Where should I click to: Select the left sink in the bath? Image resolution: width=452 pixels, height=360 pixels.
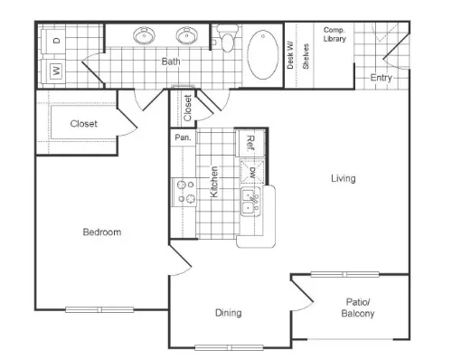point(144,35)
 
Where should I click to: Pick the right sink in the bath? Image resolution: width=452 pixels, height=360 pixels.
point(186,35)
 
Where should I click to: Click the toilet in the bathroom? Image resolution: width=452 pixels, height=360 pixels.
point(227,39)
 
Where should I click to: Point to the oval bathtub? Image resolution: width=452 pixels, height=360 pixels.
point(263,54)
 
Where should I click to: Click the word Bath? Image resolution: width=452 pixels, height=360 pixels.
point(171,62)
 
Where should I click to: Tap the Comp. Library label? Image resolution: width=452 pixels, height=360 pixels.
point(334,34)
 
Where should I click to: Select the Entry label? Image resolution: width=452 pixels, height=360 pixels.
point(381,78)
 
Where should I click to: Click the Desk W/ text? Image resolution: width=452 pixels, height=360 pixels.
point(290,55)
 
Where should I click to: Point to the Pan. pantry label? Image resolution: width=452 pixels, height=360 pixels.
point(183,137)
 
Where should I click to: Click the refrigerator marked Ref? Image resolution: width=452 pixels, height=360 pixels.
point(250,143)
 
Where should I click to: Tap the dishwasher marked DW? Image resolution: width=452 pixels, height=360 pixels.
point(252,172)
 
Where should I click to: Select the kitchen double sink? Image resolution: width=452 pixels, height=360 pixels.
point(250,201)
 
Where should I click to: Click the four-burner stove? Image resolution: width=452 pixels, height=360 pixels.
point(184,192)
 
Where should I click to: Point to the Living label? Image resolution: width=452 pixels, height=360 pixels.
point(344,178)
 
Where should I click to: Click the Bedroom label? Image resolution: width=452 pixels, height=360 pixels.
point(102,232)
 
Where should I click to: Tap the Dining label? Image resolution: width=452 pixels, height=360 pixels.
point(229,313)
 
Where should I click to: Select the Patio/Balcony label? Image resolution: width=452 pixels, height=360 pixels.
point(358,308)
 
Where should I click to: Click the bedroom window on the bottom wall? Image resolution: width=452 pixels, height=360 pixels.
point(99,309)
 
